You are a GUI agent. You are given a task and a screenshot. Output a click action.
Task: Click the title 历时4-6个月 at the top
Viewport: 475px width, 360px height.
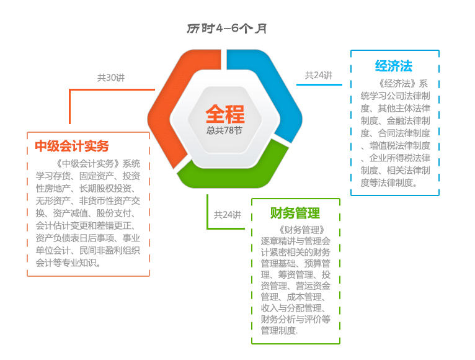(226, 29)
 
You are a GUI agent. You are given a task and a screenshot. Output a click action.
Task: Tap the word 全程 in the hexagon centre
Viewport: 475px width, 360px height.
(225, 114)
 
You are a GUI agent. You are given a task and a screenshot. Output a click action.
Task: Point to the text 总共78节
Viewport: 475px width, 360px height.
(224, 131)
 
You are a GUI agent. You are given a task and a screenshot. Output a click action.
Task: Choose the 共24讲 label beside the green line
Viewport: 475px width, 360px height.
(228, 215)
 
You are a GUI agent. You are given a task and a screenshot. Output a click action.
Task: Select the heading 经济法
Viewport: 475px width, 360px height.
(394, 66)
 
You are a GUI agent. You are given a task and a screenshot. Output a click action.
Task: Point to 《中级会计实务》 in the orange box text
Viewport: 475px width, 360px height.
(87, 164)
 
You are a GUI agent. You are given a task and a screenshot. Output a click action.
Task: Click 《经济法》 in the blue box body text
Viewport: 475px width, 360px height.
(396, 83)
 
